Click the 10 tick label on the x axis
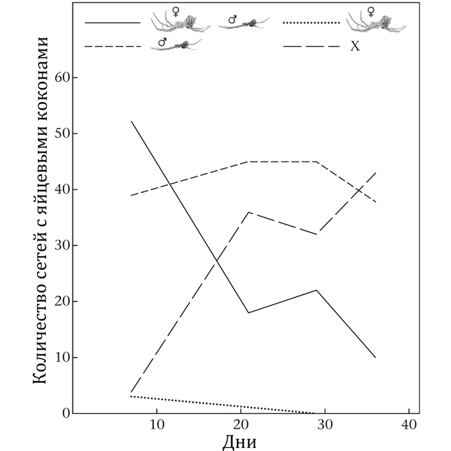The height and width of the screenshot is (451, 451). pos(157,425)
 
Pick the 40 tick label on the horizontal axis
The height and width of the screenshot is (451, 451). pos(409,425)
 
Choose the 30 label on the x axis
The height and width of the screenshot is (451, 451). pos(325,425)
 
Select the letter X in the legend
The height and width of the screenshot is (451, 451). pos(354,46)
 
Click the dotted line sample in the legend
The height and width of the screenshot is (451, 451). pos(311,23)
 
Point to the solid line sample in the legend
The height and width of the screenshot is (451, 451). pos(112,23)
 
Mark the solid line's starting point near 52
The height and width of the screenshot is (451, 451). pos(132,121)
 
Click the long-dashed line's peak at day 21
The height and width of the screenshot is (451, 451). pos(249,212)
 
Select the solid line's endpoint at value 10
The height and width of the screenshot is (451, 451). pos(375,357)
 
